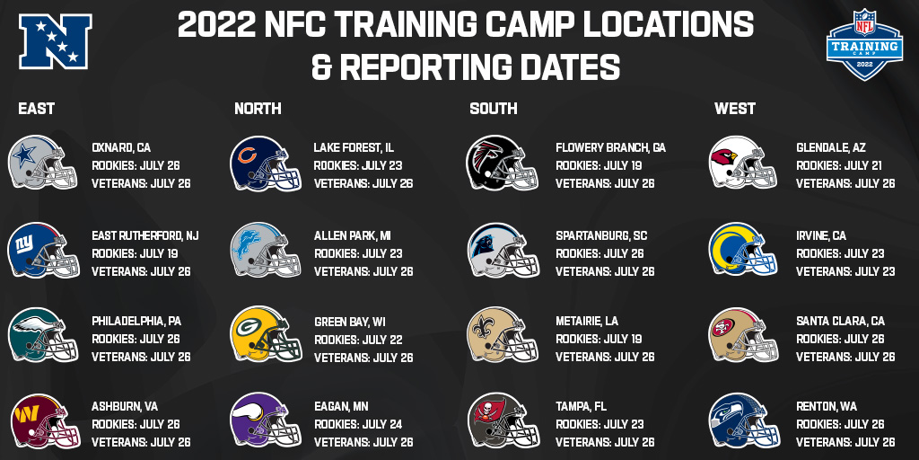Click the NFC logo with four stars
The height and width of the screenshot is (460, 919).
tap(55, 41)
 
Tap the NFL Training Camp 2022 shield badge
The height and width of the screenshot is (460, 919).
tap(864, 44)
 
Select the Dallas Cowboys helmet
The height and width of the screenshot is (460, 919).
tap(42, 163)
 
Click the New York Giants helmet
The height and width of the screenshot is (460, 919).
tap(43, 250)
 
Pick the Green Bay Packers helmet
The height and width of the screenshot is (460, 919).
tap(266, 334)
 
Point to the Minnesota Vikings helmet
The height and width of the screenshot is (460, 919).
tap(266, 420)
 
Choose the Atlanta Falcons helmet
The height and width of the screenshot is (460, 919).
tap(502, 163)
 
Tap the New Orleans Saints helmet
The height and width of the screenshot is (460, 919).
tap(503, 334)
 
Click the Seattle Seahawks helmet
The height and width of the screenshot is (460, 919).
tap(744, 420)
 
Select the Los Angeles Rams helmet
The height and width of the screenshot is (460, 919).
tap(742, 250)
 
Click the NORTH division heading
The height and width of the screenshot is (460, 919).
tap(258, 109)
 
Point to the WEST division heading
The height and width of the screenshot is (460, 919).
tap(735, 109)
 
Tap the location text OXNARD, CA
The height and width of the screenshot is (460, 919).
tap(121, 147)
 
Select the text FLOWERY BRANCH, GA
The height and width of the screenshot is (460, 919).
tap(610, 147)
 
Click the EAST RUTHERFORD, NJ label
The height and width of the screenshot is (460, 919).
tap(145, 236)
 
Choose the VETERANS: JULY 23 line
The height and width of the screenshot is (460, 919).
tap(845, 271)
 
